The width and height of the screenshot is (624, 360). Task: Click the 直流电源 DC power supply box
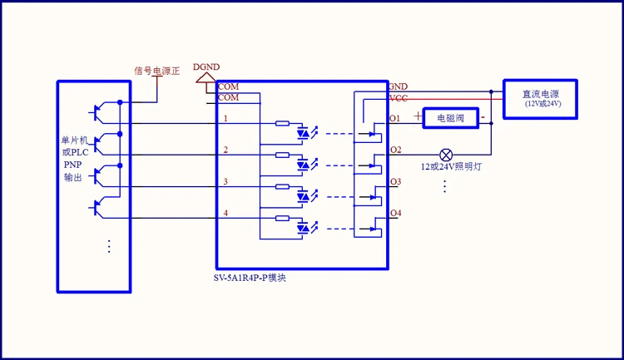click(541, 97)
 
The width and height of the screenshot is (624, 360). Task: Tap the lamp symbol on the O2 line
click(446, 155)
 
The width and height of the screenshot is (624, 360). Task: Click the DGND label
click(206, 67)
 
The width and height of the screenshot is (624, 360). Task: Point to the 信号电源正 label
click(158, 71)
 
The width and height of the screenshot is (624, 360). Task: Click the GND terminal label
click(399, 86)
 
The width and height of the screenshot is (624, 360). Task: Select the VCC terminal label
click(399, 97)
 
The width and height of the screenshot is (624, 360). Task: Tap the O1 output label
click(395, 119)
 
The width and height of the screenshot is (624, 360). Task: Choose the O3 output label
click(395, 181)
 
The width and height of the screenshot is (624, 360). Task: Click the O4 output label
click(395, 214)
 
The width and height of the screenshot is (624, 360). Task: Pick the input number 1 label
click(225, 118)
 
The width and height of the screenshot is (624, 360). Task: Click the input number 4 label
click(225, 214)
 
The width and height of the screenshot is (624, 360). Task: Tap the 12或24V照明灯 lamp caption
click(449, 167)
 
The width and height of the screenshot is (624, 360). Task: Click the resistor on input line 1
click(282, 124)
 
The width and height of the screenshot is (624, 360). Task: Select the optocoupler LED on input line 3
click(305, 195)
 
